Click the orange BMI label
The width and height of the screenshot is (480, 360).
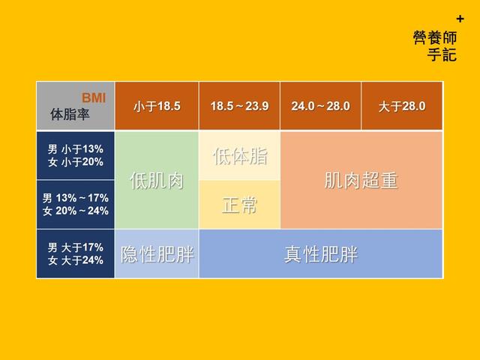[94, 98]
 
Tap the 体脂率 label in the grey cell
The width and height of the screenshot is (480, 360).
[70, 114]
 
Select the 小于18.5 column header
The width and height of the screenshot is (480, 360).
[157, 106]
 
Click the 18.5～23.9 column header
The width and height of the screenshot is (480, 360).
[239, 106]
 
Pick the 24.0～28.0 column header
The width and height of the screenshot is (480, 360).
[320, 106]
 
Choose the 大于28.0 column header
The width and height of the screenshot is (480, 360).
[402, 106]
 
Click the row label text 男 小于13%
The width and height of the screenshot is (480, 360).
[75, 149]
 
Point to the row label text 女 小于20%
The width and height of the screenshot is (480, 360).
[75, 162]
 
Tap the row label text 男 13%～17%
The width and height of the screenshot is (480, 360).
[75, 198]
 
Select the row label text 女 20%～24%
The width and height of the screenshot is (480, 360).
[75, 211]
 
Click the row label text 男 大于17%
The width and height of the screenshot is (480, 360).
[75, 247]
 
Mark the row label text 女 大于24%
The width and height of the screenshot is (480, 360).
[75, 260]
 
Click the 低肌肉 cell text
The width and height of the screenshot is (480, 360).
[157, 180]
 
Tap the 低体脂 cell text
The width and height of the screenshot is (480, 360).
[240, 156]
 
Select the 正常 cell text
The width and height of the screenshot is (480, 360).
[240, 205]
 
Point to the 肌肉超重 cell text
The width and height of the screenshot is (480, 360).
[361, 180]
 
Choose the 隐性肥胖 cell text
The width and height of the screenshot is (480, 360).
[157, 254]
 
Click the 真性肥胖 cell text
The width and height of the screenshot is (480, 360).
[320, 254]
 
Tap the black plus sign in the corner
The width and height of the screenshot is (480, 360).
[460, 19]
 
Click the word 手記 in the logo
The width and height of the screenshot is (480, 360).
[442, 55]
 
